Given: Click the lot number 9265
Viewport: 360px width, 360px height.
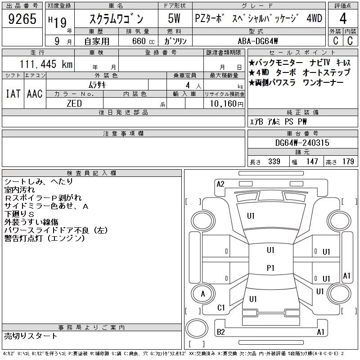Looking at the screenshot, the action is pos(22,19).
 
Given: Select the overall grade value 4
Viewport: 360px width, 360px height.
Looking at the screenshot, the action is pos(343,18).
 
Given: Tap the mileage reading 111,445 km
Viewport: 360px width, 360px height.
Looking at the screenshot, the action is pos(46,64).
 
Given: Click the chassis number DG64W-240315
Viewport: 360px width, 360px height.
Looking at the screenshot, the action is pos(302,143).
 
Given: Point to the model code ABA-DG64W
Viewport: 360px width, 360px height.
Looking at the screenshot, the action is pos(258,41).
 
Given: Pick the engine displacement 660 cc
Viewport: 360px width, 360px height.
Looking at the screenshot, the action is pos(143,41).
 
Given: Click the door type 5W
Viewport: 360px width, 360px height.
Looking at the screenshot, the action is pos(174,18).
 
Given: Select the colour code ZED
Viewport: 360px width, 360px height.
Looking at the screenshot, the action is pos(74,103).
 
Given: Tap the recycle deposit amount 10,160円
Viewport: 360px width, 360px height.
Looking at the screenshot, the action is pos(226,104).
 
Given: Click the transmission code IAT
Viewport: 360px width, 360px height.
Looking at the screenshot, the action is pos(13,94).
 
